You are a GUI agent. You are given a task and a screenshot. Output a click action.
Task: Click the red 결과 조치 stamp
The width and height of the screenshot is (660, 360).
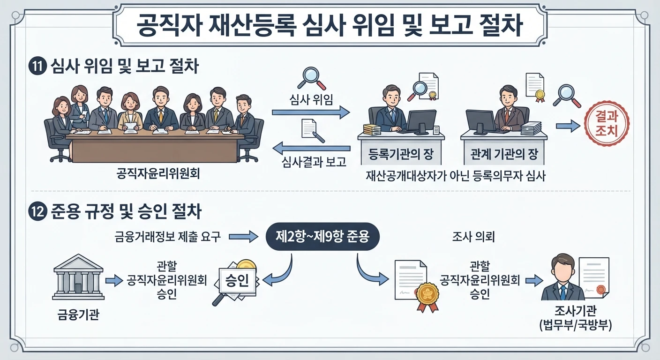(x=607, y=124)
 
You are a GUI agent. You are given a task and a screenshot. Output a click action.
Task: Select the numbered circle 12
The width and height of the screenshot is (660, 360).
(x=37, y=211)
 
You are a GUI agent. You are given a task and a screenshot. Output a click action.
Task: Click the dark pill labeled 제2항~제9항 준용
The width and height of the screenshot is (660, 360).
(x=322, y=236)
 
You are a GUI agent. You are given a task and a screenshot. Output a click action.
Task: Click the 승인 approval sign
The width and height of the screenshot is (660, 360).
(x=237, y=280)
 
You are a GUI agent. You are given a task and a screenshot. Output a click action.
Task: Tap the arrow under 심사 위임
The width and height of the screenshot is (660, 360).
(x=311, y=112)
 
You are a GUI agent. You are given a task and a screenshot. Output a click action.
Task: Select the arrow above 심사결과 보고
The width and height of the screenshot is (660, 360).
(x=311, y=148)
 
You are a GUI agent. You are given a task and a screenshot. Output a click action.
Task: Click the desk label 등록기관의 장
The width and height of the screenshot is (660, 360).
(x=401, y=153)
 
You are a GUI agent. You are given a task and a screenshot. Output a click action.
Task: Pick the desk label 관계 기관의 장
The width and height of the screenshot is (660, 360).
(x=504, y=153)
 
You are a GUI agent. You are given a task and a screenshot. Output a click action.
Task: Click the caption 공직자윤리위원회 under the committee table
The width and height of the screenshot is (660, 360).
(x=158, y=173)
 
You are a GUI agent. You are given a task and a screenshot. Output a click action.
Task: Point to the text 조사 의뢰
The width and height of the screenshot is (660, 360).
(x=473, y=237)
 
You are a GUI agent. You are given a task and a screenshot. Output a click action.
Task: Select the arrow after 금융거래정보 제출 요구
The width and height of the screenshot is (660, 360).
(x=243, y=236)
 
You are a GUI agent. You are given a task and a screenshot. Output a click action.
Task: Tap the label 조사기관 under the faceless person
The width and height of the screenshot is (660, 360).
(x=576, y=311)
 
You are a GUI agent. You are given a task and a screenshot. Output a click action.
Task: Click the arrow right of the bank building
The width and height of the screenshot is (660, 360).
(x=114, y=280)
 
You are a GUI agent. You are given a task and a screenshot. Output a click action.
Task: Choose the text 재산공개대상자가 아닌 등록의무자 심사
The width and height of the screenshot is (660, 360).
(x=456, y=176)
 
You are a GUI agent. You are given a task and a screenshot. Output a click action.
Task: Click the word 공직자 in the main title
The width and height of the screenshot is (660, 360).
(x=169, y=25)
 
